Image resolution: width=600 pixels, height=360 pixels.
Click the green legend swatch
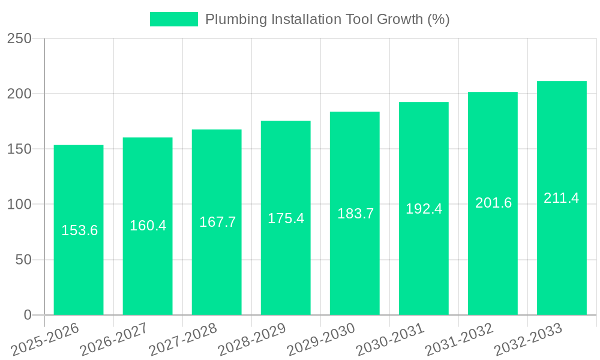[x=173, y=19]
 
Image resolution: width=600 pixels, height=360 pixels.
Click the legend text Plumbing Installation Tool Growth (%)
[x=327, y=19]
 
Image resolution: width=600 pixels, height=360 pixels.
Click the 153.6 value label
[x=79, y=230]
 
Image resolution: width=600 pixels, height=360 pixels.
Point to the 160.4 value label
[x=148, y=226]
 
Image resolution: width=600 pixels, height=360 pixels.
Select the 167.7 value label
[x=217, y=222]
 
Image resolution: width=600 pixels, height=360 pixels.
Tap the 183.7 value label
[x=355, y=214]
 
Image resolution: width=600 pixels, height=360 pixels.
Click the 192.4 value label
[x=424, y=209]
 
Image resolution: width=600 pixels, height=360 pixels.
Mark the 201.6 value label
[x=493, y=203]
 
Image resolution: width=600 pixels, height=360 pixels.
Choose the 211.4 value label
[x=561, y=198]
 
